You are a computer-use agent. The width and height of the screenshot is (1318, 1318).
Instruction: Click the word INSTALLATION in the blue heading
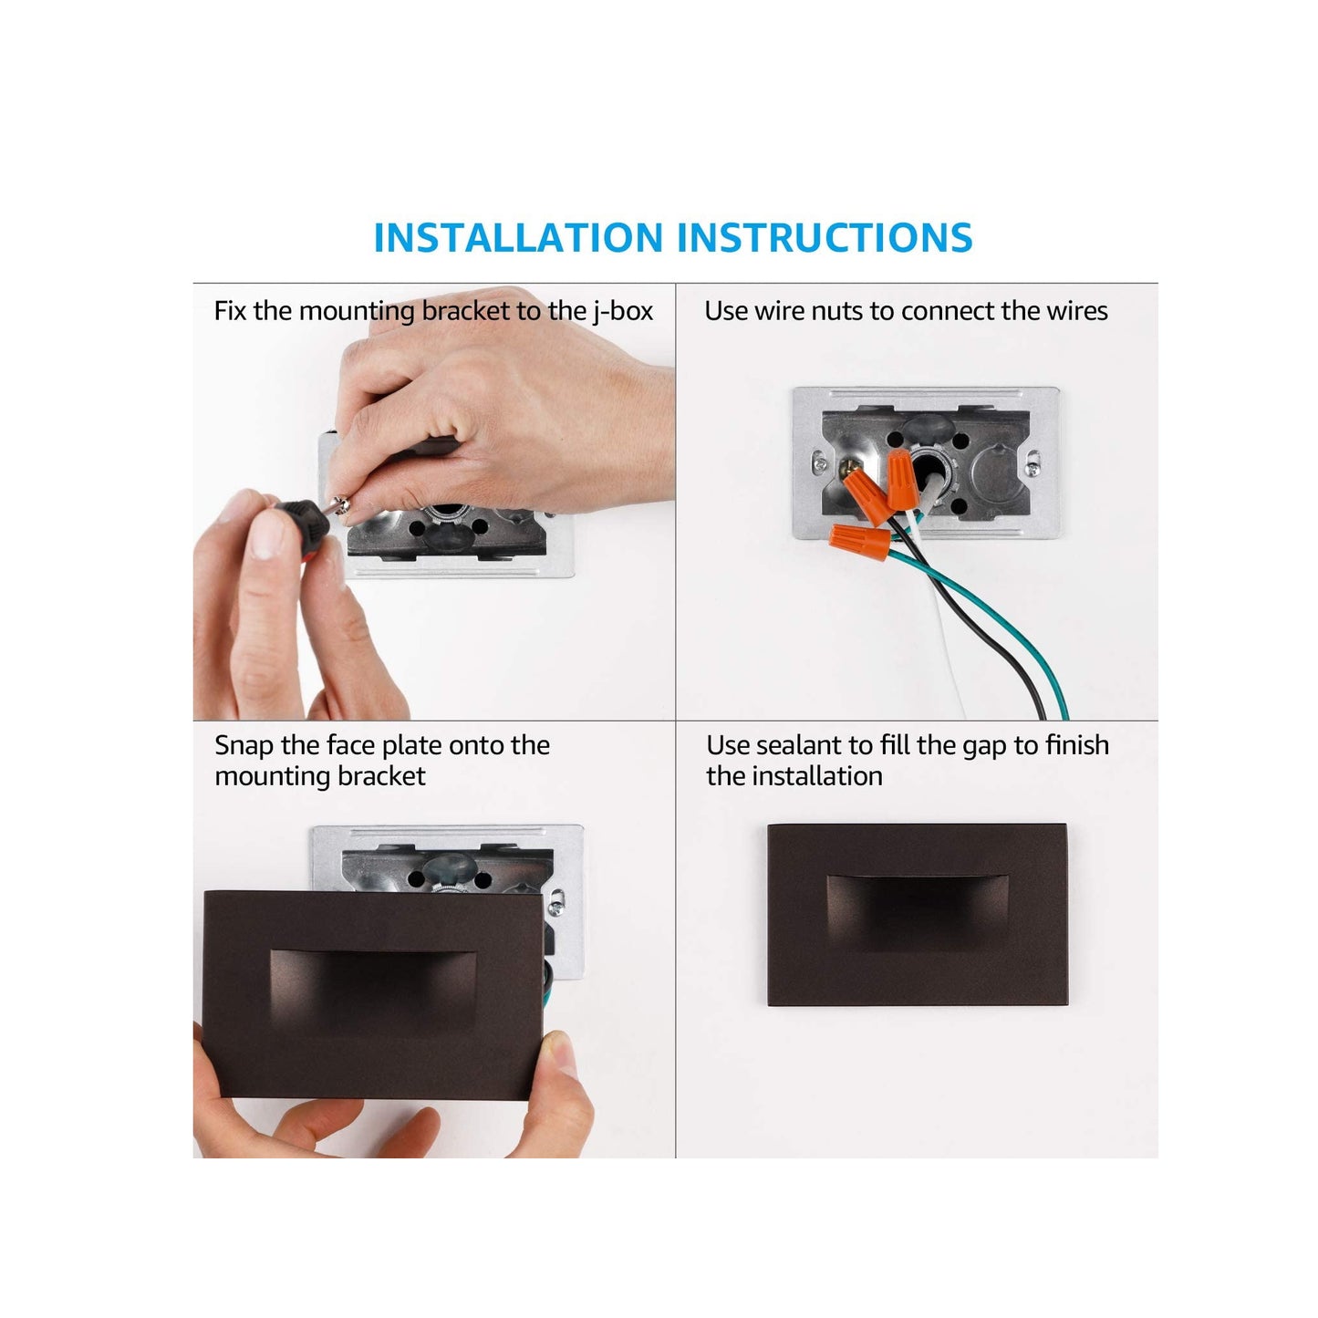[518, 237]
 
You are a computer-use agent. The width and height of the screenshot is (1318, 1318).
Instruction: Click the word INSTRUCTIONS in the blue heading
[825, 237]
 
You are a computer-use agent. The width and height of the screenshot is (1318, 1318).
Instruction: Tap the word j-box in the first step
[622, 312]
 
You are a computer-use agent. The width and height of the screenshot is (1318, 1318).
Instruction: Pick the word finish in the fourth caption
[1075, 745]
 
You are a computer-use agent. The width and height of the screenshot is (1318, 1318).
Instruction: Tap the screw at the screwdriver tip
[342, 505]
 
